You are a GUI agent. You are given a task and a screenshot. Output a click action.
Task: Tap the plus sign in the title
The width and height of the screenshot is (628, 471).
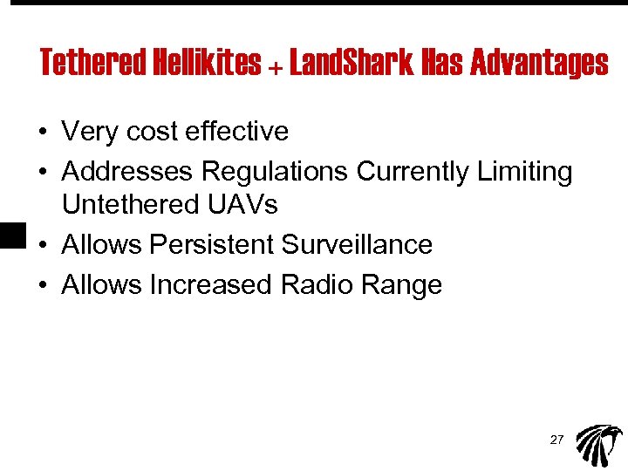[276, 65]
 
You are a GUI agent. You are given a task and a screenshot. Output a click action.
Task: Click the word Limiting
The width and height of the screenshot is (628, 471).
[525, 172]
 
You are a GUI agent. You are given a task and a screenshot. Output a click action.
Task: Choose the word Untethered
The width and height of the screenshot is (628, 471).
[130, 205]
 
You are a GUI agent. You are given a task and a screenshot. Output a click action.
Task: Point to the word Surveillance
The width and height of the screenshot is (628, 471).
[357, 244]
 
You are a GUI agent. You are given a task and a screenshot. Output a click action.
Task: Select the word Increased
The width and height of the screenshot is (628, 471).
[212, 284]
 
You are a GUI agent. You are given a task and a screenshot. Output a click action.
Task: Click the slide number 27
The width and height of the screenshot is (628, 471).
[556, 440]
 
